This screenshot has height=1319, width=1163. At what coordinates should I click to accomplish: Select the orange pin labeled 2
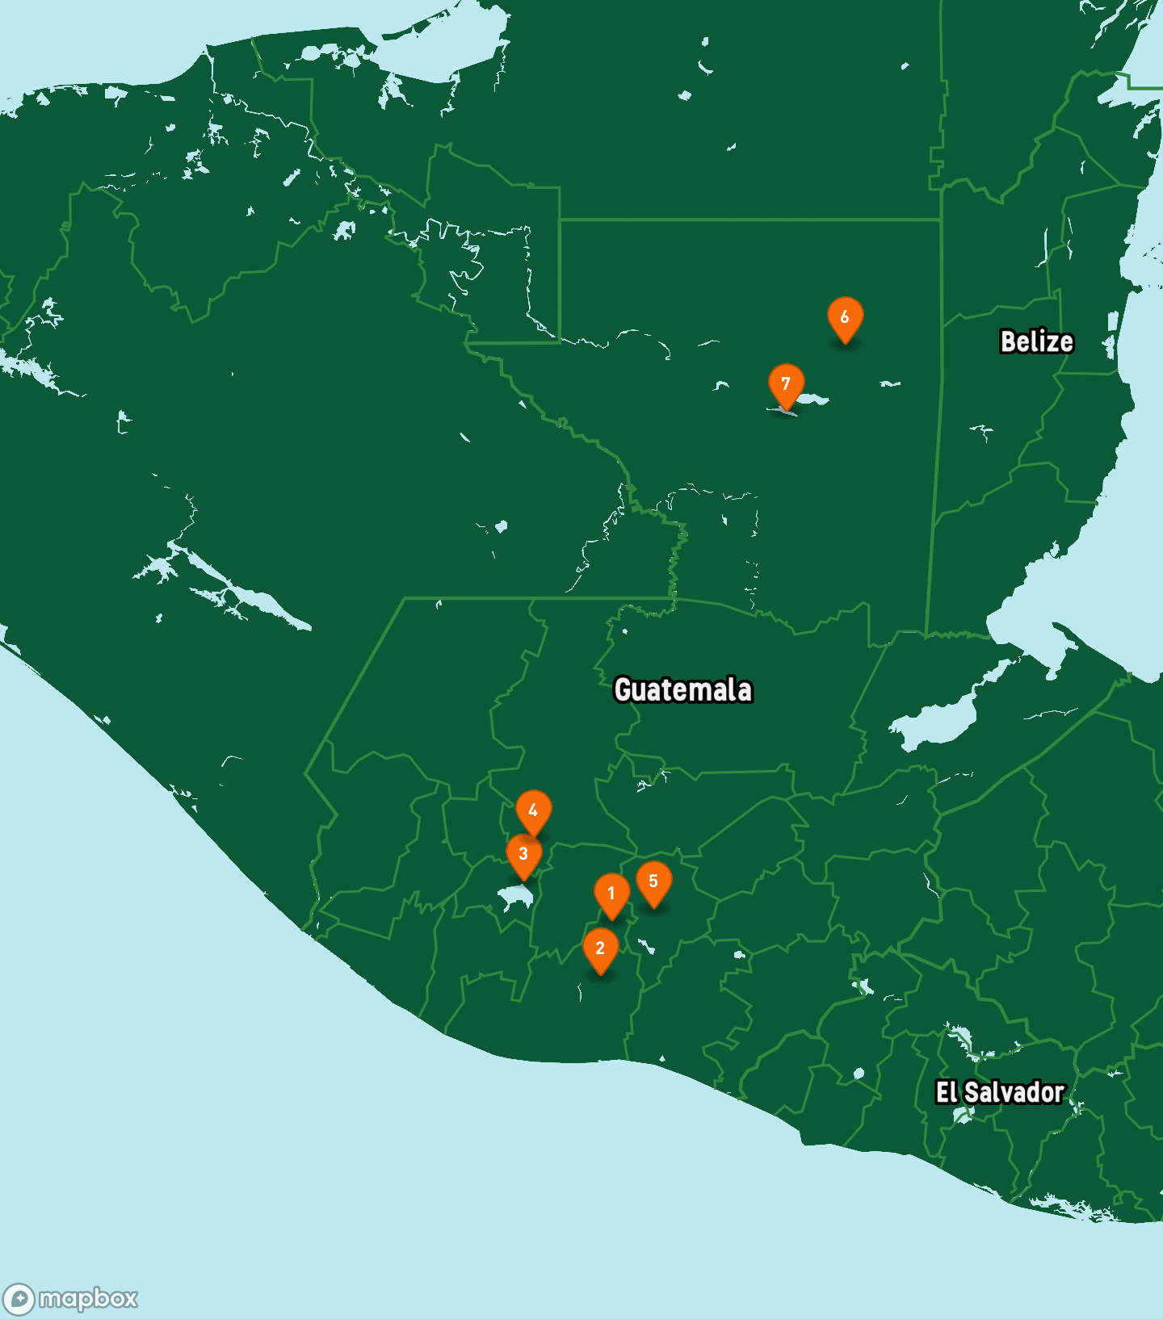click(x=600, y=949)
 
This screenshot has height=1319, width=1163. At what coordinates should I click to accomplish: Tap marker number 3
click(x=523, y=855)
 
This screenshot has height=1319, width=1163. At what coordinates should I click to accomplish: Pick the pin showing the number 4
click(x=533, y=811)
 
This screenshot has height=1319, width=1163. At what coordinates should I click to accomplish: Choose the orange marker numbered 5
click(x=653, y=882)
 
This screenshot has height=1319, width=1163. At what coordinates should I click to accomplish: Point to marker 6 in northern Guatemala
click(x=845, y=318)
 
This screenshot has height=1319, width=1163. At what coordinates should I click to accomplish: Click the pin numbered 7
click(x=786, y=385)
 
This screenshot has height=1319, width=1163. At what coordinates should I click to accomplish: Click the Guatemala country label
click(x=683, y=690)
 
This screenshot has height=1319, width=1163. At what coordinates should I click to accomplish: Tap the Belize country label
click(x=1037, y=341)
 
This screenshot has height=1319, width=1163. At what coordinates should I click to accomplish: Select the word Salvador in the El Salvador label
click(x=1014, y=1092)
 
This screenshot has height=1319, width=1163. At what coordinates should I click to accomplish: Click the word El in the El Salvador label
click(x=947, y=1092)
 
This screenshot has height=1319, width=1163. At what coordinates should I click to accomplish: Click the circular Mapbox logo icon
click(x=19, y=1299)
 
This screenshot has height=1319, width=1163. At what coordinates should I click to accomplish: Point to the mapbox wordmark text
click(x=88, y=1299)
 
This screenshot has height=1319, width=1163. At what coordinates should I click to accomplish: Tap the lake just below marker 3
click(x=515, y=896)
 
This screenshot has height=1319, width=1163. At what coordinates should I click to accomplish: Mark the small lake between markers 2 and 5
click(x=645, y=945)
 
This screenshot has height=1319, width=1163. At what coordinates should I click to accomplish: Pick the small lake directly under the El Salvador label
click(x=962, y=1116)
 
